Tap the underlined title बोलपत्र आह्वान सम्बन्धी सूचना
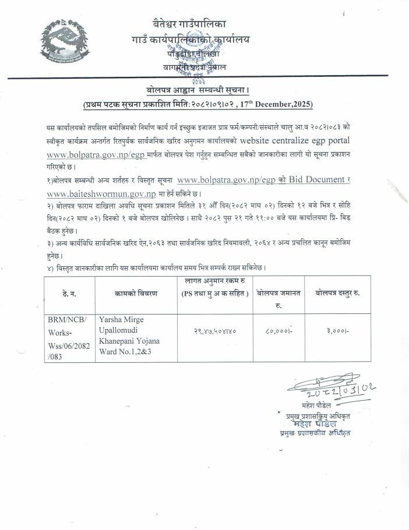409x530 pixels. tap(198, 91)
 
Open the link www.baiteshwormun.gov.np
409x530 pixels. tap(101, 194)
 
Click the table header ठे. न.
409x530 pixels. tap(69, 294)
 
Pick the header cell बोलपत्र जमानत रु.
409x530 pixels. tap(278, 298)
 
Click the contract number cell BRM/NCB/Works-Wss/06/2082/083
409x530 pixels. tap(69, 338)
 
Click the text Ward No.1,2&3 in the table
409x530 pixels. tap(128, 351)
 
